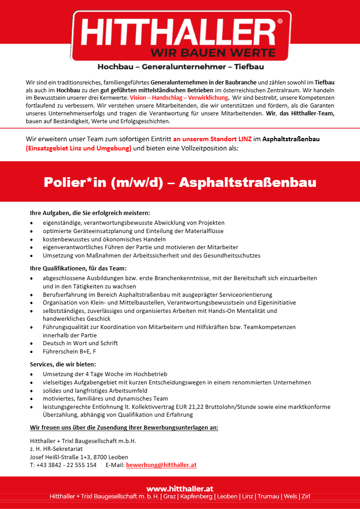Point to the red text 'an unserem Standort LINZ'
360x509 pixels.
pyautogui.click(x=212, y=138)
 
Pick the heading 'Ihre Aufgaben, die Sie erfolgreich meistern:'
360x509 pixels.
pyautogui.click(x=90, y=213)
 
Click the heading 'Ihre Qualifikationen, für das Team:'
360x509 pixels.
pyautogui.click(x=78, y=268)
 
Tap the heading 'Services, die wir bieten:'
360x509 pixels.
pyautogui.click(x=63, y=364)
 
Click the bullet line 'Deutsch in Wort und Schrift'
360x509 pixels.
pyautogui.click(x=80, y=343)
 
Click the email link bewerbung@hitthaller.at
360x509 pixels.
pyautogui.click(x=161, y=465)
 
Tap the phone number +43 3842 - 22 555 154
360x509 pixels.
pyautogui.click(x=66, y=465)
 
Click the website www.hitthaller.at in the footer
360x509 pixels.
pyautogui.click(x=180, y=489)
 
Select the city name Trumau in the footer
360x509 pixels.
pyautogui.click(x=268, y=497)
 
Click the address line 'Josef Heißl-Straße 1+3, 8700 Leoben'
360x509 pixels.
pyautogui.click(x=79, y=456)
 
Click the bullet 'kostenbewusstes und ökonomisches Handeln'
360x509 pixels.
pyautogui.click(x=104, y=239)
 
